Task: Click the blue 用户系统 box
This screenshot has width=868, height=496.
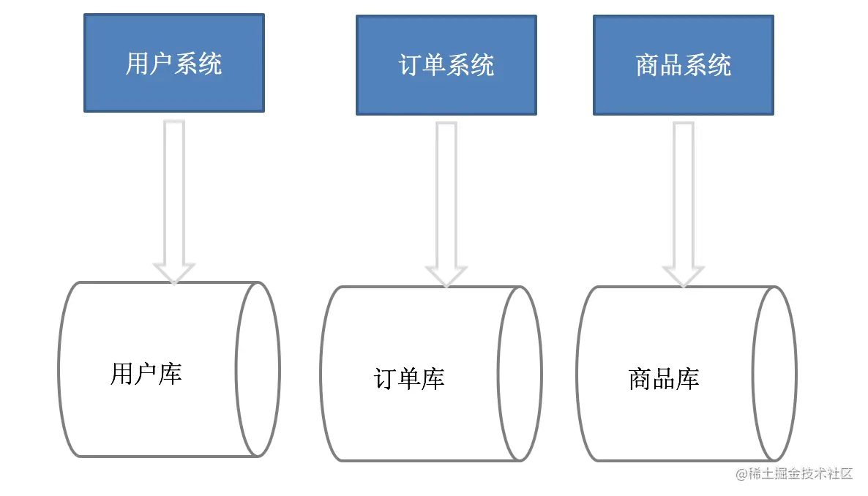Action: click(174, 63)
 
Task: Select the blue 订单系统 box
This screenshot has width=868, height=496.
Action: click(446, 65)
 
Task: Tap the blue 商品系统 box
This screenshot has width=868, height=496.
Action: click(683, 65)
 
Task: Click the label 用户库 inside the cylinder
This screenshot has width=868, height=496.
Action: click(146, 373)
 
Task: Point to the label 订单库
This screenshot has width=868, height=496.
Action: click(409, 378)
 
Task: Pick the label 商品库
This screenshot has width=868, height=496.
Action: click(664, 378)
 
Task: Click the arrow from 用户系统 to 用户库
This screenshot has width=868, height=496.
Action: click(173, 190)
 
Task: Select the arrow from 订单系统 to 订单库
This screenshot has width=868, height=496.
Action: click(446, 194)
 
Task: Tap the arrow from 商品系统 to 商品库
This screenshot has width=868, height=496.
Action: click(683, 194)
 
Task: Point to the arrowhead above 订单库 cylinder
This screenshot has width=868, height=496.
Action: click(446, 275)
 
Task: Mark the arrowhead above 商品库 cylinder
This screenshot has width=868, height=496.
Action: click(683, 275)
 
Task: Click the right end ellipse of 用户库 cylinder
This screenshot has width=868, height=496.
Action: click(258, 369)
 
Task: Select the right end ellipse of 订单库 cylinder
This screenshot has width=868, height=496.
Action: click(520, 374)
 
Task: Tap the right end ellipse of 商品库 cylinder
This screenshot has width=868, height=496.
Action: click(775, 374)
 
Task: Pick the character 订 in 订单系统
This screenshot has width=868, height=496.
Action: click(410, 66)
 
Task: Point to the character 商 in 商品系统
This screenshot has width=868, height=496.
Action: click(647, 66)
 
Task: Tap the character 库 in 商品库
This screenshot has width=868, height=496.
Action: click(688, 378)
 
